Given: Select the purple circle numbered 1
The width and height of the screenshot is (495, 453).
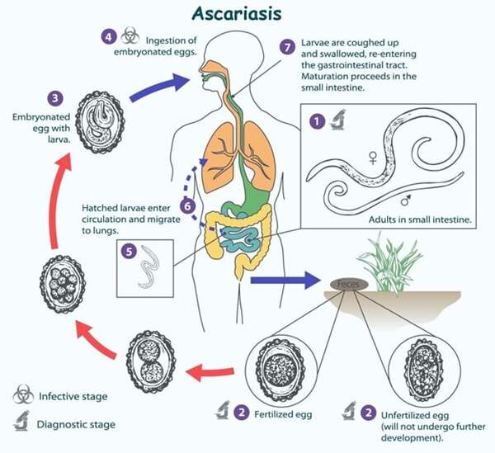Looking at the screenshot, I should (x=317, y=121).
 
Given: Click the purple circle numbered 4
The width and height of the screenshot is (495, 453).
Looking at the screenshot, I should (x=109, y=37).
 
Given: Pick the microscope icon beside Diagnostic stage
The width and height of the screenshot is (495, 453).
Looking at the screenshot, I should (x=23, y=423).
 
